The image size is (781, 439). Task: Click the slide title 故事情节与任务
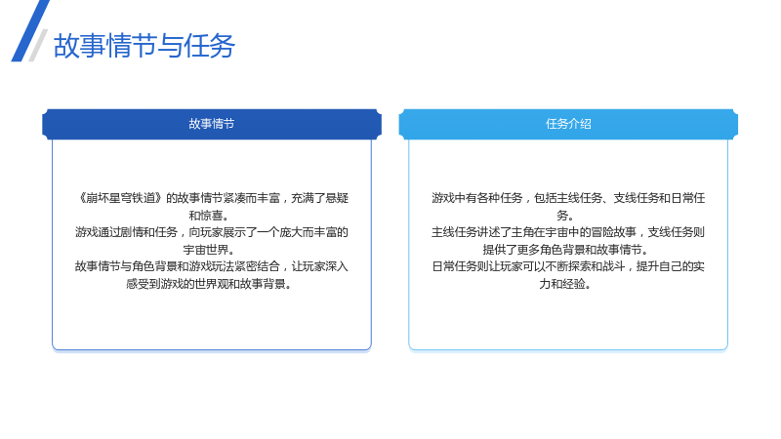tap(144, 46)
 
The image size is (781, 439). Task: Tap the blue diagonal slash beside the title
tap(30, 31)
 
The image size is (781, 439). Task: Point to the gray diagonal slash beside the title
tap(38, 45)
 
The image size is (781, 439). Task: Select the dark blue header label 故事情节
tap(212, 124)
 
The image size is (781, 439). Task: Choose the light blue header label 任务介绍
tap(568, 124)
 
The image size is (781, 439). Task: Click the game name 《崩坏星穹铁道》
tap(119, 198)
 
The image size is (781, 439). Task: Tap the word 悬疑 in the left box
tap(337, 198)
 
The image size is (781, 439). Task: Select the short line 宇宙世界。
tap(209, 250)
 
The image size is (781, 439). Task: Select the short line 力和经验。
tap(565, 284)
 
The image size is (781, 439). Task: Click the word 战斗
tap(614, 266)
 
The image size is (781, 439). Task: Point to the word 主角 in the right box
tap(522, 232)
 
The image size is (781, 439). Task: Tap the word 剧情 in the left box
tap(132, 232)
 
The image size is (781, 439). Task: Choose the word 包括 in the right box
tap(546, 198)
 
